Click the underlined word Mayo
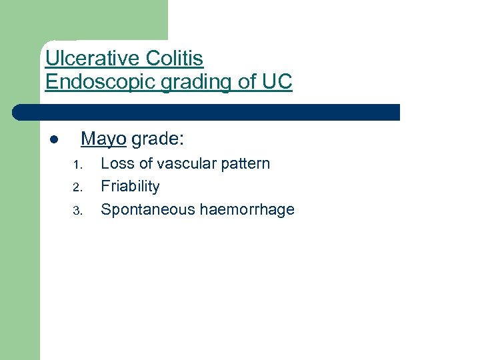pos(103,139)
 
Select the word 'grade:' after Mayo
pos(158,139)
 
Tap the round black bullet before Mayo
pos(53,140)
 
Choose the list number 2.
pos(77,187)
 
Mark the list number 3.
pos(77,211)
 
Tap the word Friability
pos(130,187)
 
